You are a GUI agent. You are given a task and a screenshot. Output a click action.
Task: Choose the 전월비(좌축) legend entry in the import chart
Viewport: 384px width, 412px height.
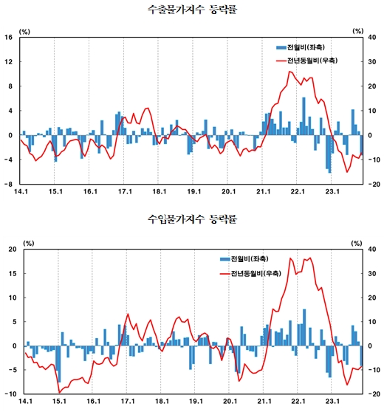click(x=245, y=258)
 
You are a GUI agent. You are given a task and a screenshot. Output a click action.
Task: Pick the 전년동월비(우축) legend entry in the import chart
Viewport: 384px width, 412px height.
click(x=249, y=273)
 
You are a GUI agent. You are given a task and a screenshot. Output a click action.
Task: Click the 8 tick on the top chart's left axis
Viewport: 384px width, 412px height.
click(x=10, y=86)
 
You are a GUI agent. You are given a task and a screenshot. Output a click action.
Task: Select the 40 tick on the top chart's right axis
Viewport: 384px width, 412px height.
click(x=374, y=38)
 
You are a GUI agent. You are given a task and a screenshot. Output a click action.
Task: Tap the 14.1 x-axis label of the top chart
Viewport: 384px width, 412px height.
click(x=20, y=193)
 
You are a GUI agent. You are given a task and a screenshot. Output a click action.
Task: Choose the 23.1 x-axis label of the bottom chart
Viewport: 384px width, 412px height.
click(x=332, y=402)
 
